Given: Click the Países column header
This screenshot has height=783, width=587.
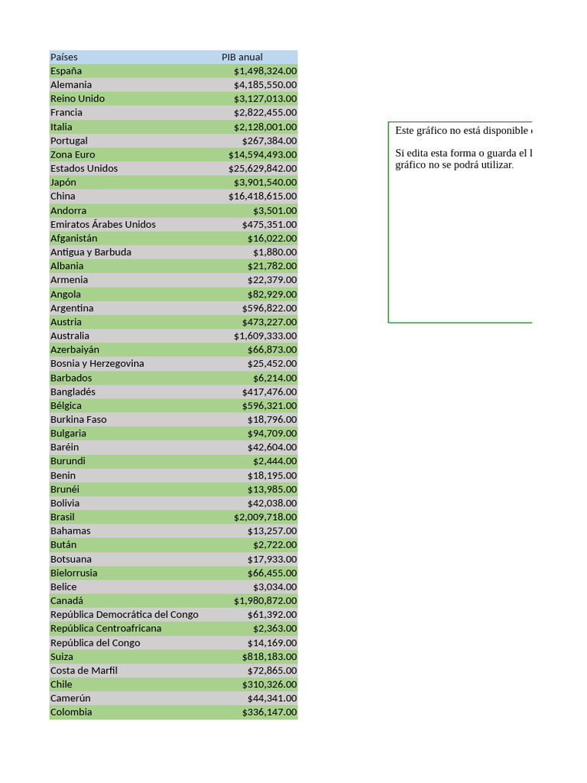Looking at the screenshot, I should pos(64,57).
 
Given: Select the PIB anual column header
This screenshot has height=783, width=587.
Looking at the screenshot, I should pos(242,57).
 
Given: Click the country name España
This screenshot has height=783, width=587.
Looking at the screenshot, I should pos(66,71).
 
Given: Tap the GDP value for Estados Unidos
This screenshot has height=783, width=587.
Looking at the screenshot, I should pos(262,168).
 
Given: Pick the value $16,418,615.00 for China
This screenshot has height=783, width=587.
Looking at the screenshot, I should pos(262,197).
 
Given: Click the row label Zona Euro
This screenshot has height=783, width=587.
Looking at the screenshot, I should pos(73,154).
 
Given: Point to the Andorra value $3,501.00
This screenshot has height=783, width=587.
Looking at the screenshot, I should pos(275,210).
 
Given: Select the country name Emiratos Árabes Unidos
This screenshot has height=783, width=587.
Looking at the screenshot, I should pos(102,224).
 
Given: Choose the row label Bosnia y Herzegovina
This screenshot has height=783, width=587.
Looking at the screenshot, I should pos(97,363).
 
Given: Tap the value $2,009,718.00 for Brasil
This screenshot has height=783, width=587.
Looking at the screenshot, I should pos(265,517).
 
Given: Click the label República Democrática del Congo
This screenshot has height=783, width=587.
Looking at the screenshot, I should pos(124,615).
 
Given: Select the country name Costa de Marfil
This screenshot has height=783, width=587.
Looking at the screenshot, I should pos(84,671).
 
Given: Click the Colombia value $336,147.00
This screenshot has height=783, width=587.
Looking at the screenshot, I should pos(269,713).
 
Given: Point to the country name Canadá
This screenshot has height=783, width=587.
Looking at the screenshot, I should pos(66,601).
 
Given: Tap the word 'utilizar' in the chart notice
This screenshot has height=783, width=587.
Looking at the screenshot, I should pos(496,165).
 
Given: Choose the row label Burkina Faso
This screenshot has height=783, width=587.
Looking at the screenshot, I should pos(78,420).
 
